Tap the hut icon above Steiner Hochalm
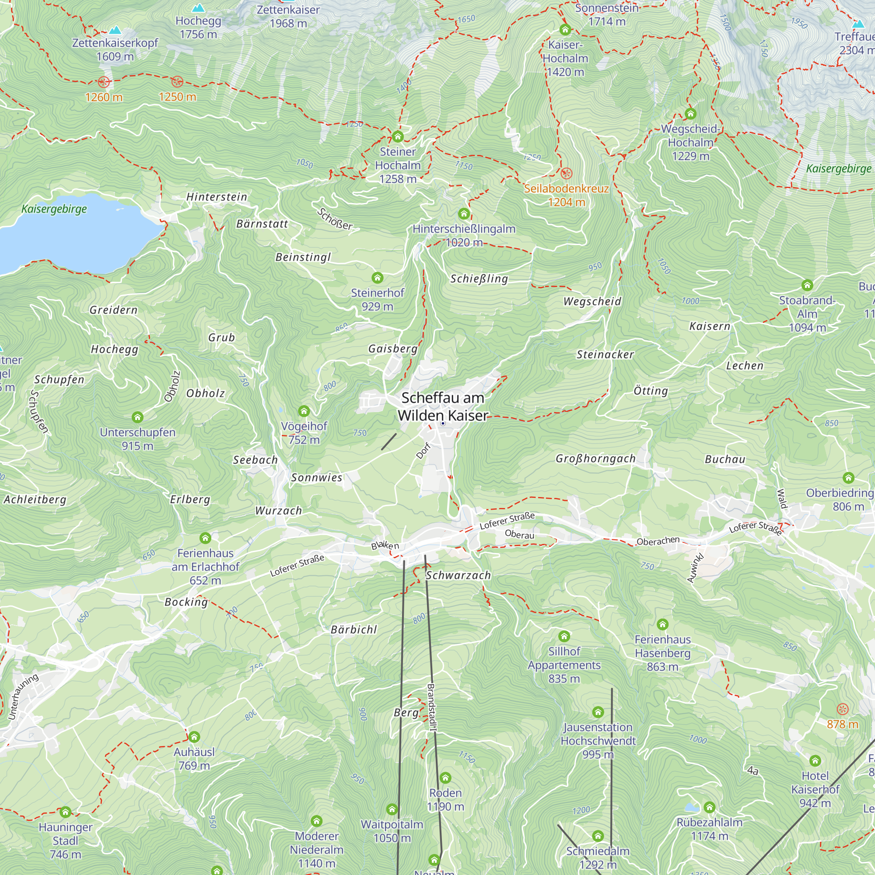pos(398,136)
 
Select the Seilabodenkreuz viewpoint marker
pos(566,173)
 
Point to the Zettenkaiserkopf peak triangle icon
pos(115,30)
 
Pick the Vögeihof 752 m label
pos(304,433)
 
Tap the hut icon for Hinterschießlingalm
pos(463,213)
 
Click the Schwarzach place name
pos(458,575)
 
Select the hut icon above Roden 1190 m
pos(445,777)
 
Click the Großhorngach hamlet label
pos(595,458)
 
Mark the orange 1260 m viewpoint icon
pos(104,82)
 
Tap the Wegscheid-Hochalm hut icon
pos(690,113)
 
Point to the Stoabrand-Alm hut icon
pos(807,285)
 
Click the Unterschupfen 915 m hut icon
pos(137,416)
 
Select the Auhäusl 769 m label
pos(194,759)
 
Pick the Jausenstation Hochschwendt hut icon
pos(598,712)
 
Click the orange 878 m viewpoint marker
pos(842,709)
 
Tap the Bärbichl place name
pos(353,630)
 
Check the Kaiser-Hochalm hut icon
pos(565,30)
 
